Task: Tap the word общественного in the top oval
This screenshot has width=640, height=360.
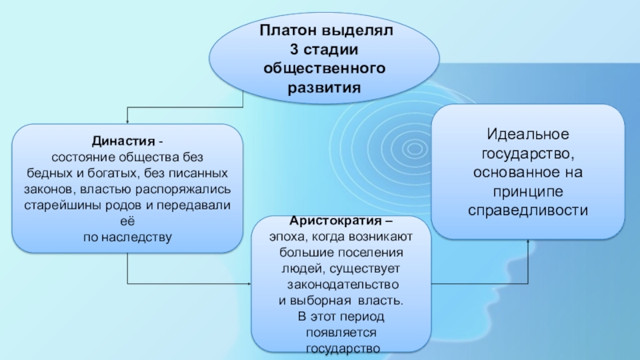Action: (324, 68)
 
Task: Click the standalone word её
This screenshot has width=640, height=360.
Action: (128, 221)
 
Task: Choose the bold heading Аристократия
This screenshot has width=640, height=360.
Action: (326, 221)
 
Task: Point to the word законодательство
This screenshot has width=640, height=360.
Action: (342, 285)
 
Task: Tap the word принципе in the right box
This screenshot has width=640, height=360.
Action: (528, 193)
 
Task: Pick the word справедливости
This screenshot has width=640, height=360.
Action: (528, 211)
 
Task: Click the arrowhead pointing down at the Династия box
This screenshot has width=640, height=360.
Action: (128, 120)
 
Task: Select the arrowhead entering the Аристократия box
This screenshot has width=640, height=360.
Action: (249, 284)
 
